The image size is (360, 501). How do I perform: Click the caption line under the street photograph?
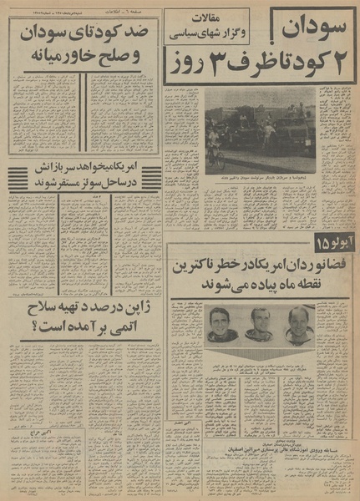(x=259, y=177)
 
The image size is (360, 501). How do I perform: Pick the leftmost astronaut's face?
(x=223, y=320)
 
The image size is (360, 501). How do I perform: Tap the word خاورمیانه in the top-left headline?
(x=53, y=60)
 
